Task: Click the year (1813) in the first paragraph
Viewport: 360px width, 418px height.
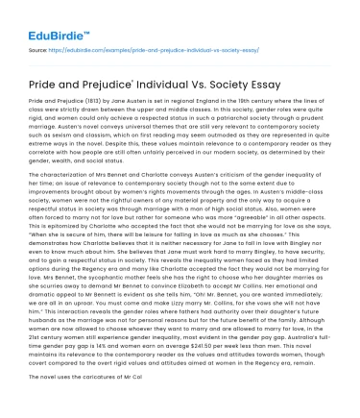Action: click(96, 100)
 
